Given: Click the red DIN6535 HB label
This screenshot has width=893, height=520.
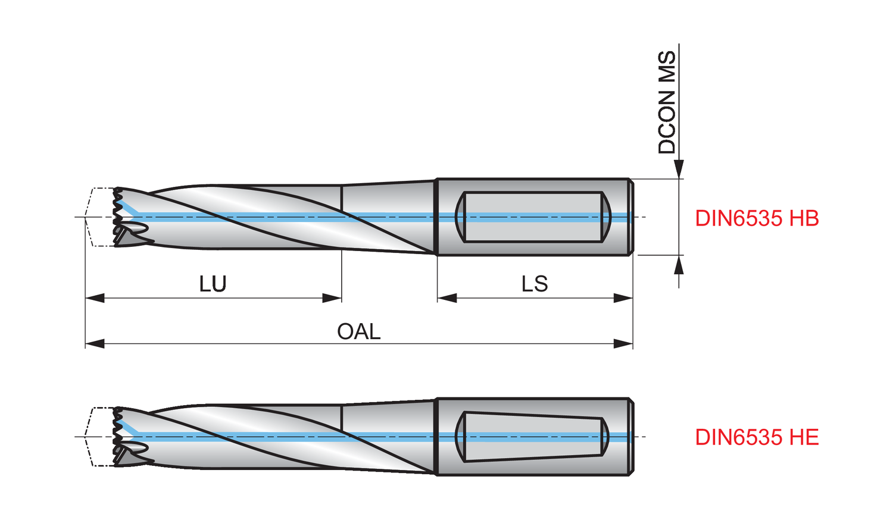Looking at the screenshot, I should click(x=757, y=218).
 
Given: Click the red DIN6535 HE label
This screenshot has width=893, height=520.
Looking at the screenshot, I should click(x=757, y=437).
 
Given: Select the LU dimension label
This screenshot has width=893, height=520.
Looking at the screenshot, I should click(x=213, y=284).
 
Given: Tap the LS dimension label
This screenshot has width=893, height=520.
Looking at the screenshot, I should click(x=534, y=284).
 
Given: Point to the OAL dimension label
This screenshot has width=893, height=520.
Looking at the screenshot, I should click(x=358, y=331).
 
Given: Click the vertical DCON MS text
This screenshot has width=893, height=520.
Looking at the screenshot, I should click(x=667, y=102).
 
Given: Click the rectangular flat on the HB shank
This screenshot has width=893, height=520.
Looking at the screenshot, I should click(x=533, y=217).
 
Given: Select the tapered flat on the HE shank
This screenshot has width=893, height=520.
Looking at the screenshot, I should click(x=533, y=436).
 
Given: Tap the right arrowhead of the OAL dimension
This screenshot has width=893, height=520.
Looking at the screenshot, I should click(x=623, y=344).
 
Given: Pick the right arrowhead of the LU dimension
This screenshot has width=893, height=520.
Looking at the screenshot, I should click(x=332, y=297).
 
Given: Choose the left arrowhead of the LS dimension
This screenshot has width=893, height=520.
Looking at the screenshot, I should click(x=447, y=297).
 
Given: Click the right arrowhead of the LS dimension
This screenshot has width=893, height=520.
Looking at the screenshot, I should click(x=623, y=297).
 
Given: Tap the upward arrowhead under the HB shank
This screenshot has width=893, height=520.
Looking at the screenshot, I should click(x=679, y=264).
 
